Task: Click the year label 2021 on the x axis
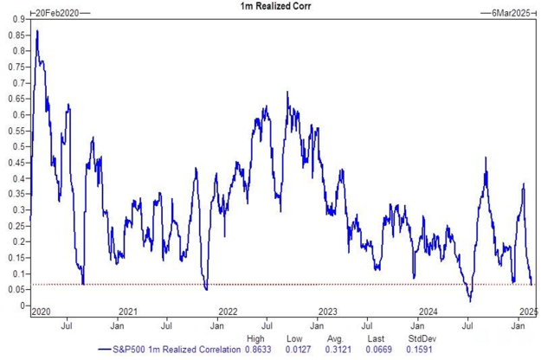[129, 312]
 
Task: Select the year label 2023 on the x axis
[327, 312]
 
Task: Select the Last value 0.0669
[373, 350]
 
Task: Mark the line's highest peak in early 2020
[36, 31]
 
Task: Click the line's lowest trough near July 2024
[470, 301]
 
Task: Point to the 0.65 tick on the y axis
[17, 99]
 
